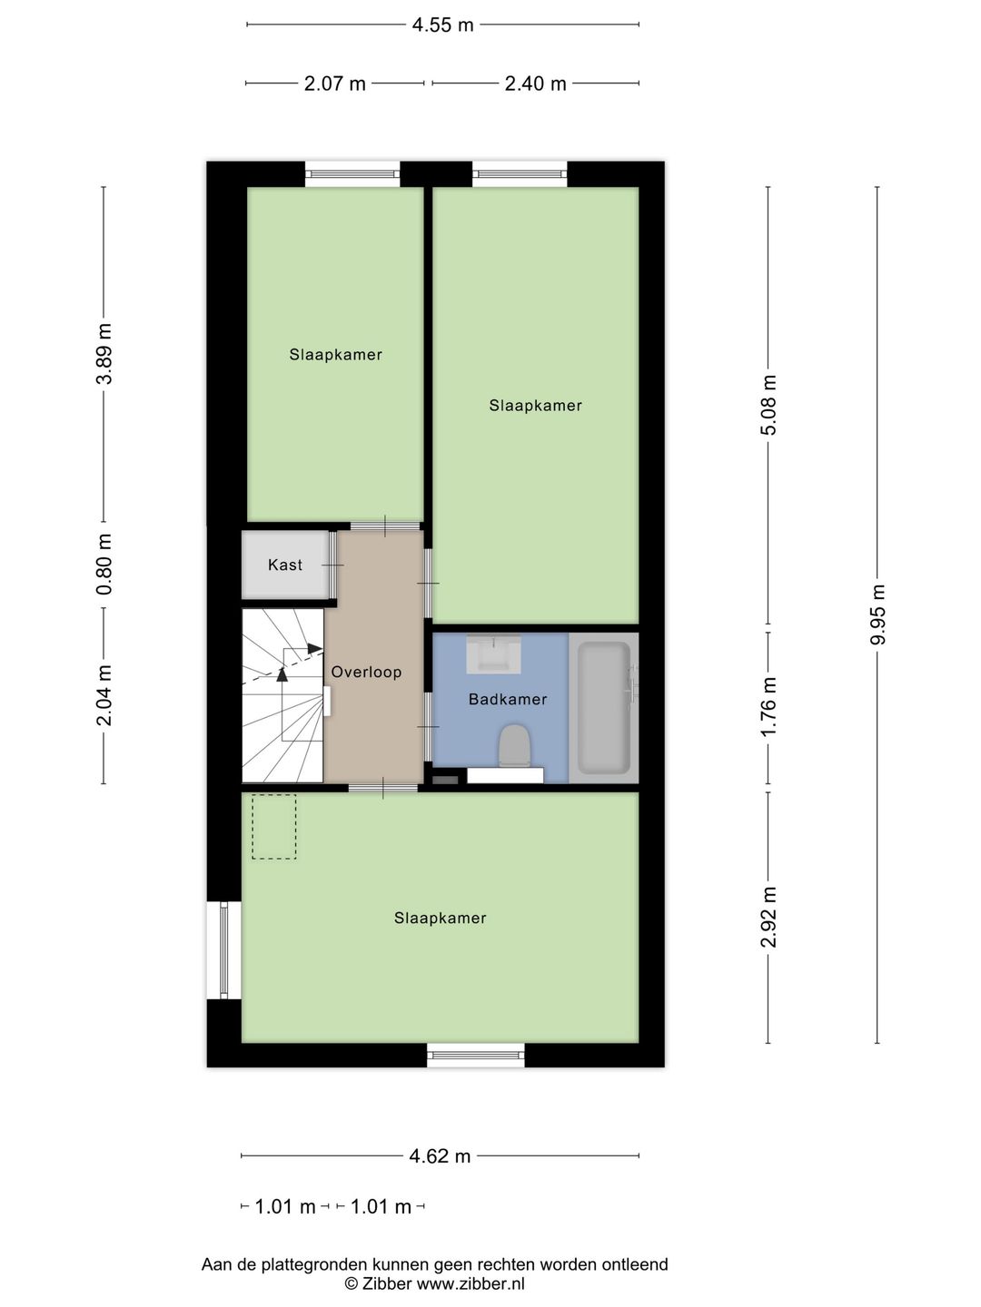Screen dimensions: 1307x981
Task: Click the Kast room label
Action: pos(285,565)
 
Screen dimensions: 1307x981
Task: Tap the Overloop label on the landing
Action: pos(366,672)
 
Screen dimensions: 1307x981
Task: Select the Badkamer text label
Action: pos(508,699)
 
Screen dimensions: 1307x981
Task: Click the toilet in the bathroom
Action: pos(514,746)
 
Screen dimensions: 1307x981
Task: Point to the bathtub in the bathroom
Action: pos(604,708)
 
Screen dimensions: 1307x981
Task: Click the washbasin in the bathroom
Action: pos(494,654)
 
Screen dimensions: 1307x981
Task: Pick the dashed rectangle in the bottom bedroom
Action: pos(273,827)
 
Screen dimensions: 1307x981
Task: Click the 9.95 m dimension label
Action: pos(877,614)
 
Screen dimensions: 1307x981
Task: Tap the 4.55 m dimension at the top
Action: pos(443,25)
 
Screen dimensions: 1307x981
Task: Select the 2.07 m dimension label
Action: pos(335,84)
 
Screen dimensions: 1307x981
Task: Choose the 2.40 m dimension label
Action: pos(535,84)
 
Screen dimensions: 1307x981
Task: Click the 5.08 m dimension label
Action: pos(768,405)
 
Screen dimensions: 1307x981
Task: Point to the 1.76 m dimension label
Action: pos(768,707)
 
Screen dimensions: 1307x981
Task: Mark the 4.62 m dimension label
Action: pos(440,1156)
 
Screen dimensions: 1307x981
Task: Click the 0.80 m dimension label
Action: pos(104,565)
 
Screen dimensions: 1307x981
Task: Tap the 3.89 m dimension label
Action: pos(104,354)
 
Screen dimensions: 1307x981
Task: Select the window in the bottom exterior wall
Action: pos(476,1055)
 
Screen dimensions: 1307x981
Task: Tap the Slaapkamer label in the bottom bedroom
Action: pos(440,919)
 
